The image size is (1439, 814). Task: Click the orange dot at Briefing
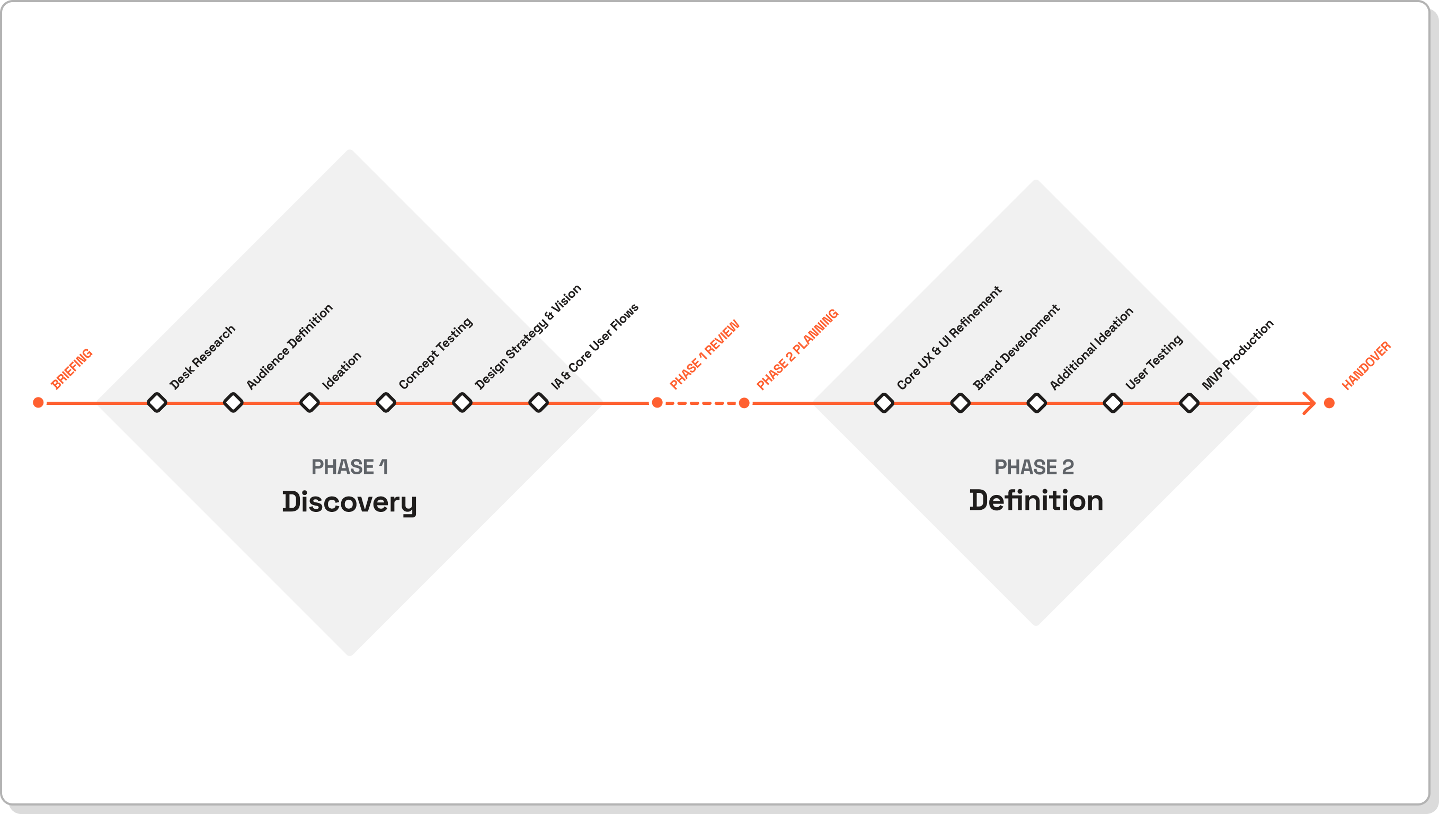click(x=38, y=403)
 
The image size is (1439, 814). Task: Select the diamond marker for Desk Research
click(x=156, y=403)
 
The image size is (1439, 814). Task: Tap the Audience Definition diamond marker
click(x=233, y=403)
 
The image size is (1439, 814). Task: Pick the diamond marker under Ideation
click(x=309, y=403)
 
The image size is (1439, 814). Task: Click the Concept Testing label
click(x=436, y=353)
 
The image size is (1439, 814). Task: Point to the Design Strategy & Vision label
click(x=528, y=337)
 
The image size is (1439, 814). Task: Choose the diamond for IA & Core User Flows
click(x=538, y=403)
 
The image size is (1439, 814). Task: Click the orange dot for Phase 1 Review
click(x=657, y=403)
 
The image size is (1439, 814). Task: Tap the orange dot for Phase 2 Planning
click(x=744, y=403)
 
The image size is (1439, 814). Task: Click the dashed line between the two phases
click(x=701, y=403)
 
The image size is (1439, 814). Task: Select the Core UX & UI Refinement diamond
click(x=884, y=403)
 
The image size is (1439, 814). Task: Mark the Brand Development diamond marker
click(x=960, y=403)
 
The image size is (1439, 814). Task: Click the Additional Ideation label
click(x=1091, y=348)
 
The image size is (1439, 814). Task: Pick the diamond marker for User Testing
click(x=1113, y=403)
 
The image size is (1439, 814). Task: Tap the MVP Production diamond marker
click(x=1189, y=403)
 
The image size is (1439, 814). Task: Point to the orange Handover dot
click(x=1329, y=403)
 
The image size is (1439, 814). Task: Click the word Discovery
click(x=349, y=501)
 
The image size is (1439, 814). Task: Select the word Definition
click(x=1036, y=500)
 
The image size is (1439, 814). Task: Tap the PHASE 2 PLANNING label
click(x=797, y=349)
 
